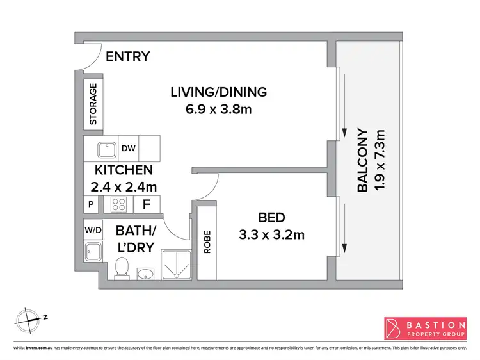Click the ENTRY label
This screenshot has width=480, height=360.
tap(127, 56)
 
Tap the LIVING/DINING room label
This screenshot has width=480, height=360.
tap(218, 92)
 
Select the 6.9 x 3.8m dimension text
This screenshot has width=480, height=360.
tap(218, 109)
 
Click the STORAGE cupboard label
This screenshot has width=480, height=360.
tap(93, 104)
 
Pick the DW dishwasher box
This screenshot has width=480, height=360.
tap(128, 149)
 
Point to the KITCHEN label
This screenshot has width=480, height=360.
tap(124, 170)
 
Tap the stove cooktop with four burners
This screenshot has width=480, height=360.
tap(120, 205)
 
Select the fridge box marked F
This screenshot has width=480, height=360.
tap(147, 205)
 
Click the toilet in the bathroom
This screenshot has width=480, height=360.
tap(121, 268)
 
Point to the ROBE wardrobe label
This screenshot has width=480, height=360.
tap(207, 242)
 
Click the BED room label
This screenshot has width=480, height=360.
tap(271, 217)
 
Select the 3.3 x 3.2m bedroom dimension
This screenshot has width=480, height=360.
tap(271, 234)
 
